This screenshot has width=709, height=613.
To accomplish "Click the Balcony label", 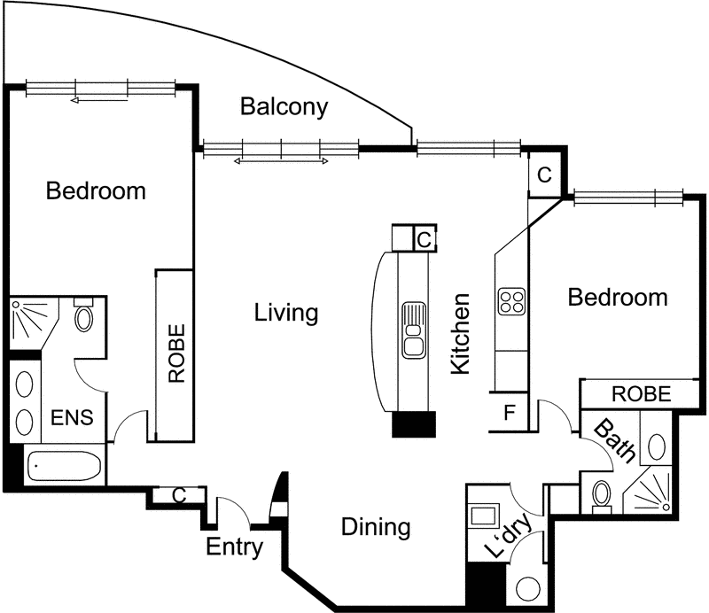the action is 284,107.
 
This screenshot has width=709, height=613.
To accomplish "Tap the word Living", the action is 286,313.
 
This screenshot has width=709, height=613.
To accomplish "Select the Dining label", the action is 376,527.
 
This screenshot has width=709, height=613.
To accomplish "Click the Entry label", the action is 234,547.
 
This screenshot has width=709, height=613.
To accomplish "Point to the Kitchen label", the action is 461,334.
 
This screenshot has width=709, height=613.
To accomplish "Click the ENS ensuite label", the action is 72,417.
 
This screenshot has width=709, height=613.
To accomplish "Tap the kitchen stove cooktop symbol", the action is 511,301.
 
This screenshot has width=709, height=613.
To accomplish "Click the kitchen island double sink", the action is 413,330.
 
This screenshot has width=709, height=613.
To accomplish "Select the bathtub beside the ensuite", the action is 64,465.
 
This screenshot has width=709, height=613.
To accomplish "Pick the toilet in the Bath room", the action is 602,496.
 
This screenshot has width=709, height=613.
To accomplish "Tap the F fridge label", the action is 510,412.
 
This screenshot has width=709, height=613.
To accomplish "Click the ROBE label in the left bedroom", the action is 176,353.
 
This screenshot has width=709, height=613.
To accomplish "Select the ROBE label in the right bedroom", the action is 641,394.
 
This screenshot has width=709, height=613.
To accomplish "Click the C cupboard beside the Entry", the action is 179,495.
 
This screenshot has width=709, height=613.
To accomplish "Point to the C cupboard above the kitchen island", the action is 425,239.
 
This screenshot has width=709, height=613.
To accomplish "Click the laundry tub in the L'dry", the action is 483,515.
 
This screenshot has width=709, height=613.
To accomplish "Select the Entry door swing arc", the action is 235,509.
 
